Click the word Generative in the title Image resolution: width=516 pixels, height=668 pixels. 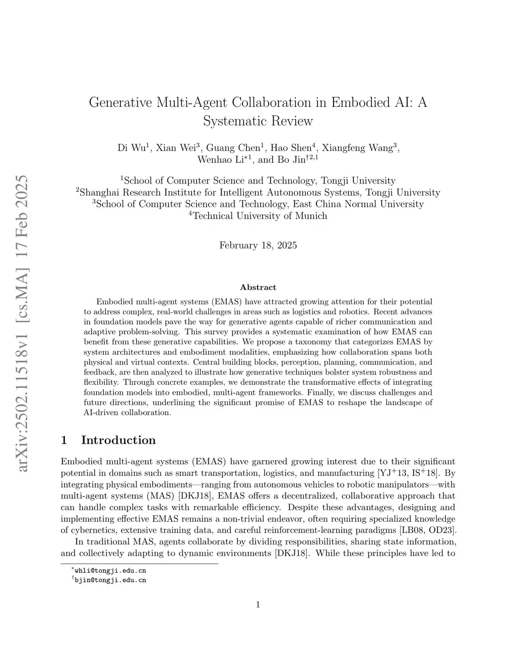point(121,102)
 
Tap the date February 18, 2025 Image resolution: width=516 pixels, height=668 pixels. point(258,246)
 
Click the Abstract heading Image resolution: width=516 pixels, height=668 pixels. point(258,287)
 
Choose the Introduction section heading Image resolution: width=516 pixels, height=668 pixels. point(118,440)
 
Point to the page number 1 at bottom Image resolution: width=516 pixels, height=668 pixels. point(258,605)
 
